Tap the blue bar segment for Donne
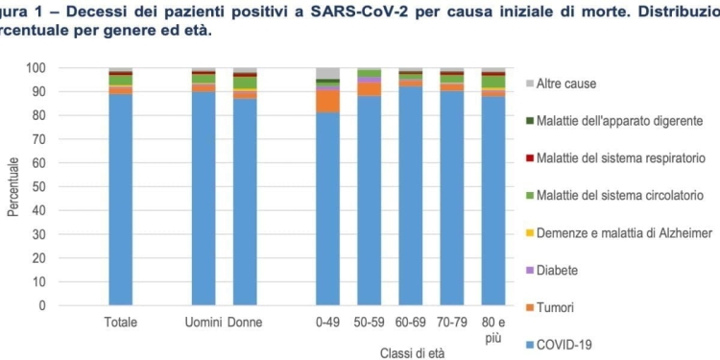[x=245, y=202]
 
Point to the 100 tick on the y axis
[x=36, y=68]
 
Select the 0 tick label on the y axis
[x=41, y=306]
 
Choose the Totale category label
[x=120, y=322]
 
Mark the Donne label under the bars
[x=245, y=322]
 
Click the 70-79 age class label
[x=452, y=322]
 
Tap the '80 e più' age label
[x=493, y=328]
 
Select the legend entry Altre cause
[x=565, y=84]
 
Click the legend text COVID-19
[x=564, y=344]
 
